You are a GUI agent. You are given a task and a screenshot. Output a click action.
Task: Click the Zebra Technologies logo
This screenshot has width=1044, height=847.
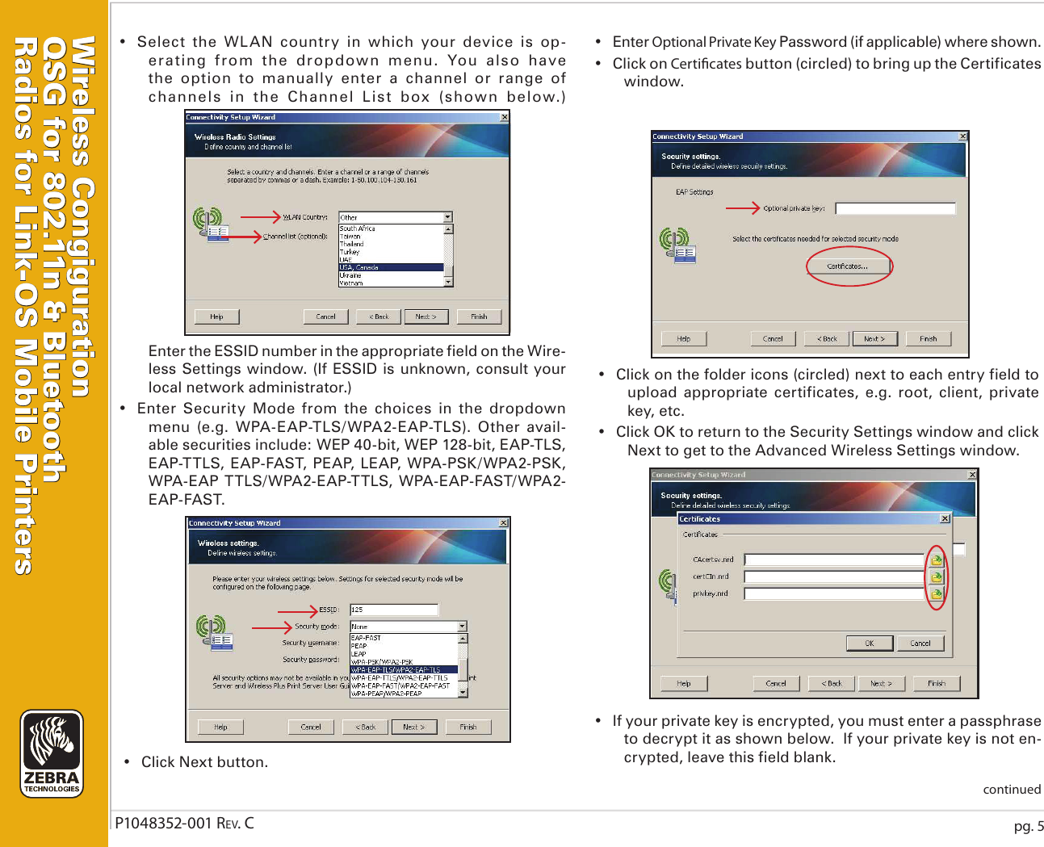(52, 753)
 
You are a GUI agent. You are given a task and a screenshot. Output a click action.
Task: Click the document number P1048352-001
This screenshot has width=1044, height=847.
(162, 824)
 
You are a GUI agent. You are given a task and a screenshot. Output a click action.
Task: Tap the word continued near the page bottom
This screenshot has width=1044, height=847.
(1011, 790)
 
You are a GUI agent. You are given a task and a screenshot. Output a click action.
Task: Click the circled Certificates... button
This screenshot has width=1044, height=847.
(848, 266)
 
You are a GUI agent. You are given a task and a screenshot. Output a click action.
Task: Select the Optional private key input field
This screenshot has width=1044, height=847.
(895, 208)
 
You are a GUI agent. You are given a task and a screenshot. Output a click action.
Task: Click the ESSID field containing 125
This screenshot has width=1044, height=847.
(393, 610)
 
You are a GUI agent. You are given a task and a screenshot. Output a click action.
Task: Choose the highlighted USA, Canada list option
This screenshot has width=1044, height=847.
(390, 267)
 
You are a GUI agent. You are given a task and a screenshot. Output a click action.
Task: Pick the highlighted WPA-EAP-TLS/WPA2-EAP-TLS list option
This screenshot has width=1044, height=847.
(404, 669)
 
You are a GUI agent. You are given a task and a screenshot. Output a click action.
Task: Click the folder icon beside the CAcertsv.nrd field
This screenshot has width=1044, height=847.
(936, 560)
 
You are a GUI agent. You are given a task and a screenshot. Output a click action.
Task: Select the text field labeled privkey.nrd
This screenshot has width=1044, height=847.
(833, 593)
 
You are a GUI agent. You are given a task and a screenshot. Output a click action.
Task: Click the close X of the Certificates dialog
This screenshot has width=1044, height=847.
(945, 518)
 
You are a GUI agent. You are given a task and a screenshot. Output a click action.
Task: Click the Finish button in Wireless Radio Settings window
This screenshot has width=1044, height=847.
(479, 317)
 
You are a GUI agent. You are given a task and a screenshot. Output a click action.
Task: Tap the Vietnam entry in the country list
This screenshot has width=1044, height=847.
(351, 283)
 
